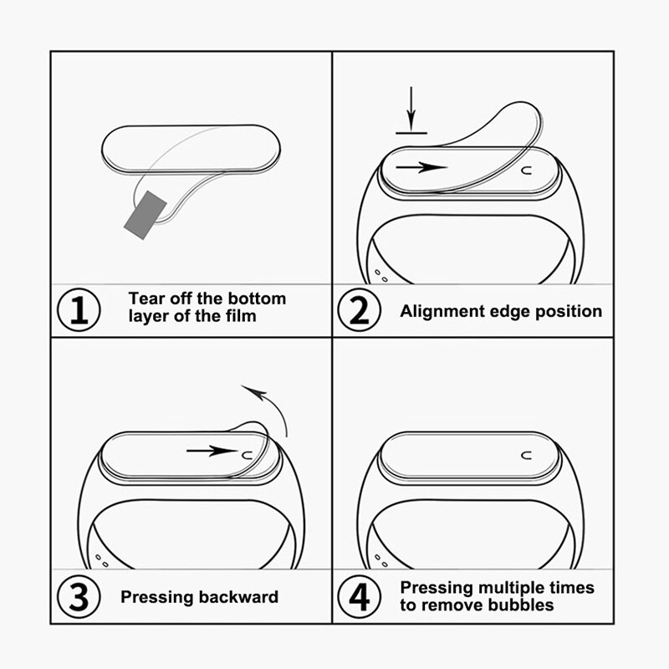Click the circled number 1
click(78, 310)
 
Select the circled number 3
click(78, 597)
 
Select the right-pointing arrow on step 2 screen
click(421, 166)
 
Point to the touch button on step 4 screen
click(526, 456)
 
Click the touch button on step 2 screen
click(526, 170)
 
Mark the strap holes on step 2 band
click(380, 273)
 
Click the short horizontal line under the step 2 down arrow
click(411, 132)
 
